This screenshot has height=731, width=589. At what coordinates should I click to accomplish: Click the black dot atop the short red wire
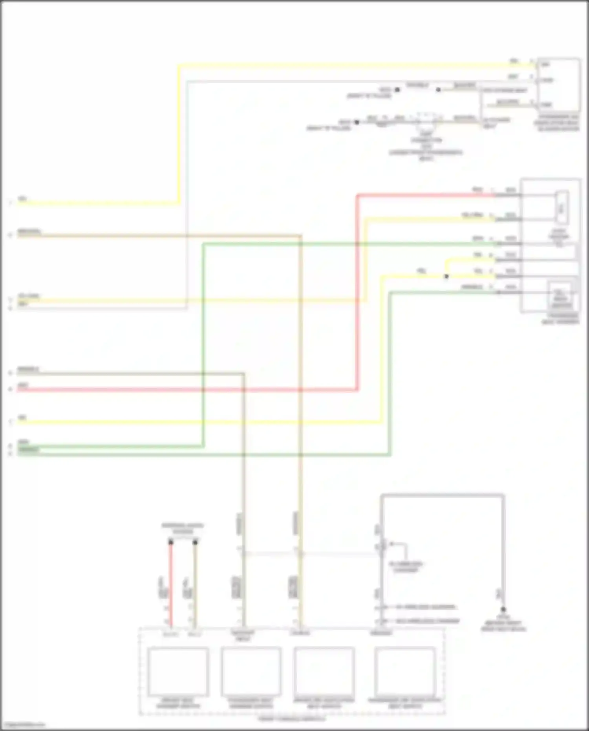(x=171, y=542)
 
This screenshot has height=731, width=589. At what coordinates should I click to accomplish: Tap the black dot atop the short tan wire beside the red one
(x=195, y=542)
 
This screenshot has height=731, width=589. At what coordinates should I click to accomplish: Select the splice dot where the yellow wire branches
(x=446, y=277)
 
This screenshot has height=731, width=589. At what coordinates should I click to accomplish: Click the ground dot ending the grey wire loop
(x=503, y=610)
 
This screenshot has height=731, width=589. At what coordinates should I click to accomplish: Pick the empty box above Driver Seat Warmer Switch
(x=178, y=672)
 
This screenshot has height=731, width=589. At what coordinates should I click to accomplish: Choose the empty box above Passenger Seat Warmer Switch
(x=251, y=672)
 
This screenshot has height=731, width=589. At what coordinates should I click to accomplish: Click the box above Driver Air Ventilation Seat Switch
(x=324, y=672)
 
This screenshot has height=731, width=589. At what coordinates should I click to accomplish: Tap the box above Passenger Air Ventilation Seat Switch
(x=405, y=672)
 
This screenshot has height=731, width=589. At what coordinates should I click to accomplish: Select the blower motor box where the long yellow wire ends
(x=558, y=84)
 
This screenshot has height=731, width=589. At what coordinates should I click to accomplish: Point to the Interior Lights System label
(x=183, y=529)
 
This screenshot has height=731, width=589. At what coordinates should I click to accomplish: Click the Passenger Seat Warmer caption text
(x=560, y=319)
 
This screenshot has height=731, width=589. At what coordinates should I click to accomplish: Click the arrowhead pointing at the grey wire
(x=391, y=544)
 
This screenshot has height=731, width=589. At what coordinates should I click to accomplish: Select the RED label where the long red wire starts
(x=23, y=385)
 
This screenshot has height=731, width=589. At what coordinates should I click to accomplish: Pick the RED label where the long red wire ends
(x=477, y=190)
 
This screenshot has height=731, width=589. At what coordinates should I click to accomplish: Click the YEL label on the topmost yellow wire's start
(x=22, y=199)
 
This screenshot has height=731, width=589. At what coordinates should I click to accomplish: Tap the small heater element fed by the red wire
(x=562, y=207)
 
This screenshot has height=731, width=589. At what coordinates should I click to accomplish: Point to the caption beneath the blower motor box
(x=558, y=123)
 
